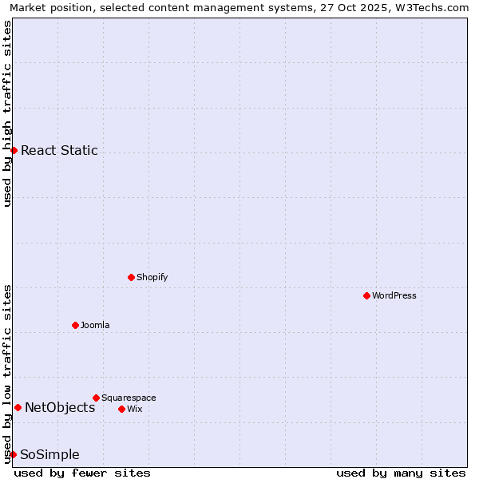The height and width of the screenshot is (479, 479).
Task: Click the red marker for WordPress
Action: pos(366,295)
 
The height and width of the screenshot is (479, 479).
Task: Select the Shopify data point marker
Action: pos(131,277)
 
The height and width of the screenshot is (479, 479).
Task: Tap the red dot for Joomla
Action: pos(75,325)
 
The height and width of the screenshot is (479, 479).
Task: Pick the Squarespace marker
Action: pos(96,398)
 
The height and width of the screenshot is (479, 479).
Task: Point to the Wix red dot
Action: pos(121,409)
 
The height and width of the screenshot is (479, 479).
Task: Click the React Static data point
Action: pos(14,150)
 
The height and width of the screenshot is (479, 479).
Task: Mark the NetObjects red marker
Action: pos(18,407)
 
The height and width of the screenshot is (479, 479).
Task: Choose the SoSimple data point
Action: pos(13,454)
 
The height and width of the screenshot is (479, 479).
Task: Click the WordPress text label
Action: pos(394,295)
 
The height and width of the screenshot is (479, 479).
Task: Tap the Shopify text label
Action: pos(152,277)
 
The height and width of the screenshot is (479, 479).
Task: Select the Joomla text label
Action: pos(95,325)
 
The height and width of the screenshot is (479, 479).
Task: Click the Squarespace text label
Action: pos(129,398)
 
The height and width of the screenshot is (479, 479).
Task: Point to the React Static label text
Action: pos(59,150)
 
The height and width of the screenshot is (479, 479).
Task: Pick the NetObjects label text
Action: pos(60,407)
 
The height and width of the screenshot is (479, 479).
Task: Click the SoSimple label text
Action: pos(49,455)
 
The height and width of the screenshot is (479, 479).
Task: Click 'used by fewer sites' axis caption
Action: pos(82,473)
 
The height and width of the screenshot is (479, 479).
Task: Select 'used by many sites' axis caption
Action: pos(401,473)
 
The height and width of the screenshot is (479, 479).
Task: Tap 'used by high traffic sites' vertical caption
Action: pos(7,113)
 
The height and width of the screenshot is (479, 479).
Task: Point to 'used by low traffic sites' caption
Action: pos(7,373)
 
